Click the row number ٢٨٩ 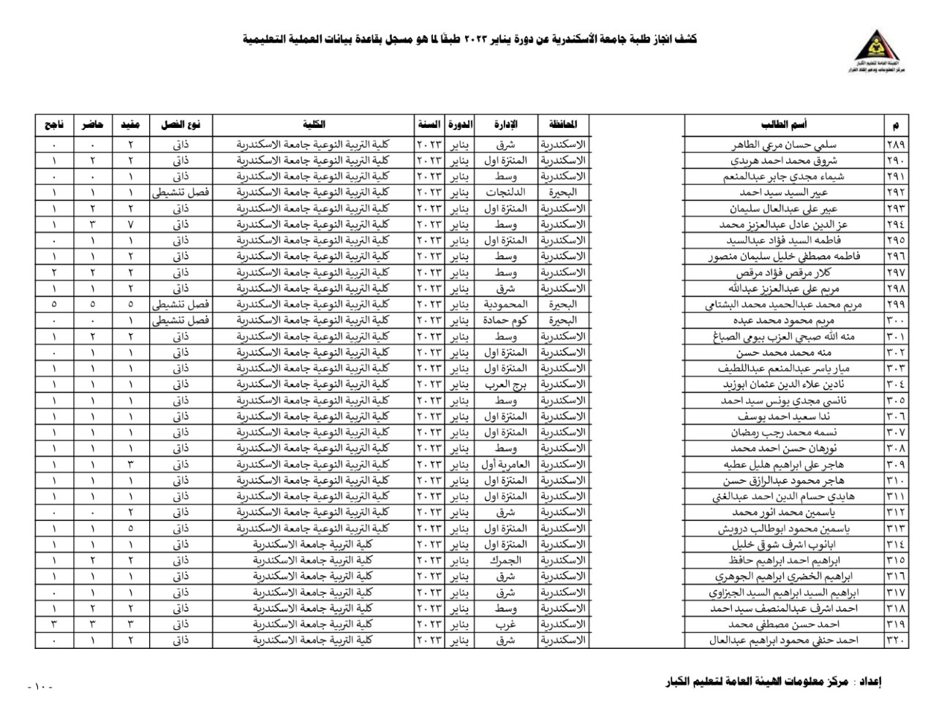click(895, 144)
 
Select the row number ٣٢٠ click(895, 640)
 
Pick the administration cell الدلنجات click(506, 192)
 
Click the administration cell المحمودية click(506, 304)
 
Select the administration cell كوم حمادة click(506, 320)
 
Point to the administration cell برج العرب click(506, 384)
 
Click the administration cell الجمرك click(506, 560)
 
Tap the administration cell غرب click(506, 624)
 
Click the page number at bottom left click(39, 687)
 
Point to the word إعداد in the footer click(868, 682)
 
